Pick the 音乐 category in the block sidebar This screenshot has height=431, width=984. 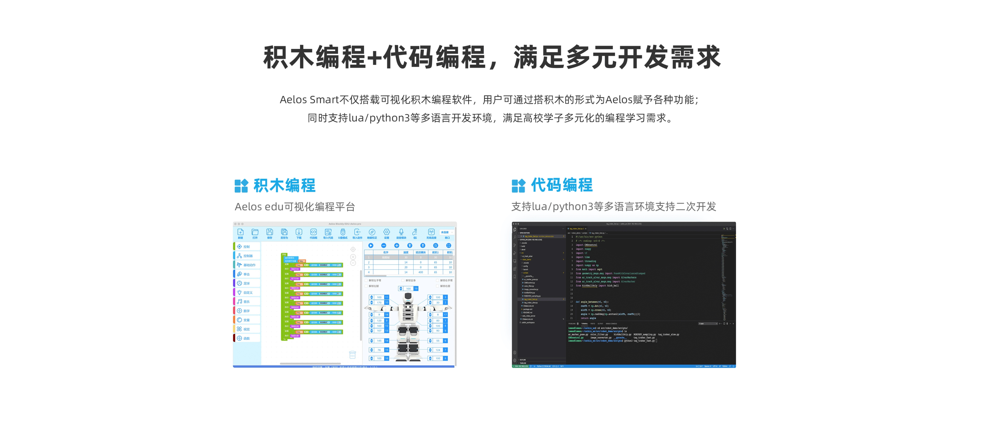point(246,302)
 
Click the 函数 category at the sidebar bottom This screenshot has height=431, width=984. point(246,338)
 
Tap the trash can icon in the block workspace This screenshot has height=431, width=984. point(352,355)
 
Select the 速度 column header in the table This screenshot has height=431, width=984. point(406,252)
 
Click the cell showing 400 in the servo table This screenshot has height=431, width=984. point(421,272)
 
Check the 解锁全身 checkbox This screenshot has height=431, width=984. point(403,280)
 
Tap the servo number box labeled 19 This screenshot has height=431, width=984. point(416,289)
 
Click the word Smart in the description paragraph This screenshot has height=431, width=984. point(324,100)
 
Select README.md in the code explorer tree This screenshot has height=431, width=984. point(528,312)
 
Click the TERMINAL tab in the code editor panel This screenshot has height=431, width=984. point(585,324)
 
